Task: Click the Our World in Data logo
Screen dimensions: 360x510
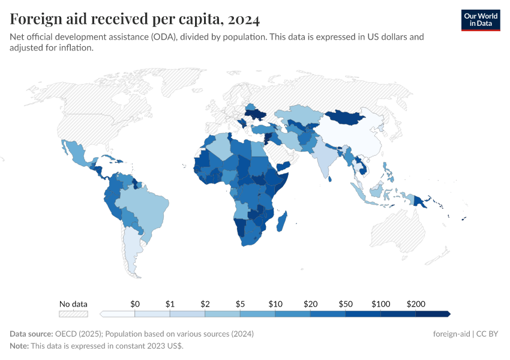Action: tap(480, 20)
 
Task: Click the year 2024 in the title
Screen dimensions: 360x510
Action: tap(244, 19)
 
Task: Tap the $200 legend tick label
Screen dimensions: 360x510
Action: tap(416, 304)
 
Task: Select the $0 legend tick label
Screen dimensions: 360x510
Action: tap(135, 304)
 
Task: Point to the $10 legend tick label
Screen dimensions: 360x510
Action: tap(275, 304)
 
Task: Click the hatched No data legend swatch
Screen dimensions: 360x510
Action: tap(73, 314)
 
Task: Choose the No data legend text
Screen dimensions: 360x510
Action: tap(73, 304)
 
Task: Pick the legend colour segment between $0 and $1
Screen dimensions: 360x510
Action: tap(152, 314)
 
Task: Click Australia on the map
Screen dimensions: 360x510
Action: tap(403, 234)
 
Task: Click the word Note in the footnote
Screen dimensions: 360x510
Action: tap(20, 346)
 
